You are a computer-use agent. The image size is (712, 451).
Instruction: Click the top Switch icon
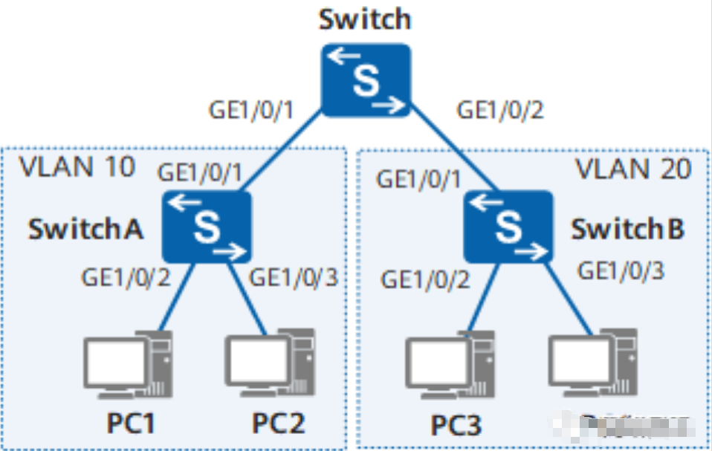point(366,80)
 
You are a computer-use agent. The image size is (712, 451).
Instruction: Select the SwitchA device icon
point(207,226)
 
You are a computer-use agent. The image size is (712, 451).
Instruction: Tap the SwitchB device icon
point(509,226)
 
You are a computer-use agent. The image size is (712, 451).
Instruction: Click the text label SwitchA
point(85,230)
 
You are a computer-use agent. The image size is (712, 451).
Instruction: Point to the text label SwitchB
point(627,230)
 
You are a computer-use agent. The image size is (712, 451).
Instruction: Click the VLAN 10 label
point(77,167)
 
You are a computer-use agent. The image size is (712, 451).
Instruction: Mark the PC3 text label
point(456,425)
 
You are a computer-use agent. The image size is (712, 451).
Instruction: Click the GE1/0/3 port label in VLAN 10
point(293,278)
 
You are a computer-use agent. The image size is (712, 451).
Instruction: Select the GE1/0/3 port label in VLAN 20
point(621,270)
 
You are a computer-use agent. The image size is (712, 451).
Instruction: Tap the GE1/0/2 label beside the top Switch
point(500,111)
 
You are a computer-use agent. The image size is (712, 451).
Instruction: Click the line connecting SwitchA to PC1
point(177,297)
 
